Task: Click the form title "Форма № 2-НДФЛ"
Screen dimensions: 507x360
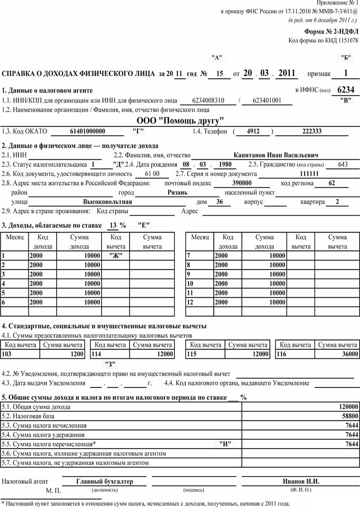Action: pyautogui.click(x=331, y=32)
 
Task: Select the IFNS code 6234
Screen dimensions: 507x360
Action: pyautogui.click(x=346, y=89)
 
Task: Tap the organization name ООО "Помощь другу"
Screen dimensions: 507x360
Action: pyautogui.click(x=180, y=120)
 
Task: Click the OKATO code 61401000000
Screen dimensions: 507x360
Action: pyautogui.click(x=87, y=131)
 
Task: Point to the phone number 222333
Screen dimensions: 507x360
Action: pyautogui.click(x=312, y=131)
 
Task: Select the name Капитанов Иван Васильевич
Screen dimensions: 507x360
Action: pyautogui.click(x=276, y=155)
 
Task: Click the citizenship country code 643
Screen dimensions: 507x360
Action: pyautogui.click(x=343, y=165)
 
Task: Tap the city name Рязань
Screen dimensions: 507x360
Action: pyautogui.click(x=177, y=192)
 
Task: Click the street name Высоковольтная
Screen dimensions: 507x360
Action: pyautogui.click(x=107, y=202)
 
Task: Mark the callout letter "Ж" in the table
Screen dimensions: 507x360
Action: pyautogui.click(x=116, y=256)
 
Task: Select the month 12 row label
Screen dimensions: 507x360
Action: pyautogui.click(x=190, y=302)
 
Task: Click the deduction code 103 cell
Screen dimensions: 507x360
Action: pyautogui.click(x=7, y=354)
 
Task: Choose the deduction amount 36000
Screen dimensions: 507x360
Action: pyautogui.click(x=350, y=354)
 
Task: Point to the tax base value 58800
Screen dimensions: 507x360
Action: pyautogui.click(x=350, y=416)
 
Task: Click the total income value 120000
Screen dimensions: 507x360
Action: pyautogui.click(x=348, y=407)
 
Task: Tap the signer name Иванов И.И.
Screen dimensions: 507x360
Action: pyautogui.click(x=301, y=481)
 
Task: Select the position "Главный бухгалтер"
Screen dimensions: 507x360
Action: pyautogui.click(x=104, y=481)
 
